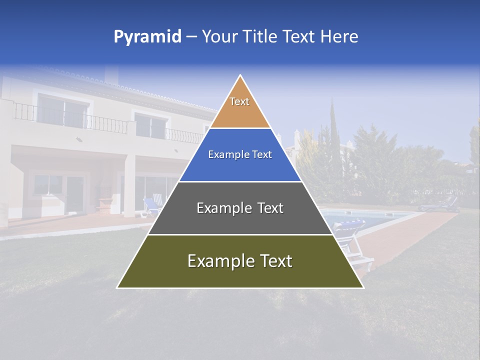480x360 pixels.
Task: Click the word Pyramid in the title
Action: coord(147,37)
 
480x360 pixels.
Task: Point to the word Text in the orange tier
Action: coord(239,101)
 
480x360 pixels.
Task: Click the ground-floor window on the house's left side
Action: coord(48,185)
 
